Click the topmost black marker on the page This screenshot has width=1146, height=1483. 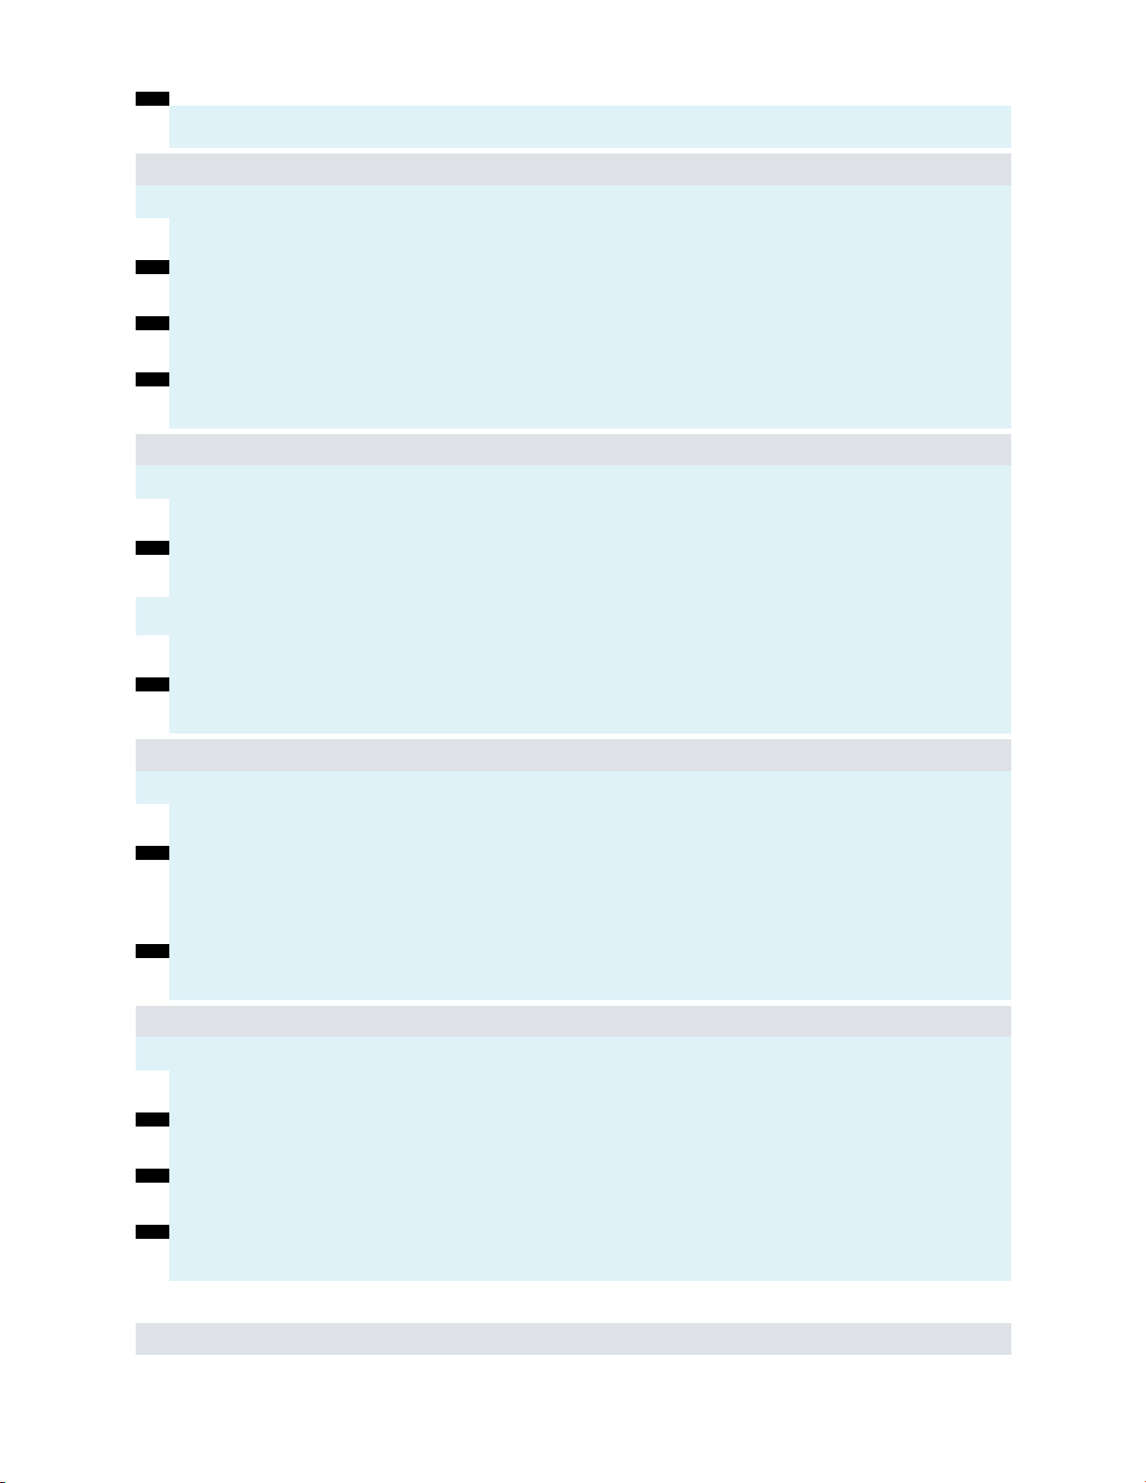(x=152, y=97)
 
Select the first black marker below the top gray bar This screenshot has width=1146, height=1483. (x=152, y=268)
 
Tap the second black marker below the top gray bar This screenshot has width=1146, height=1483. (x=152, y=324)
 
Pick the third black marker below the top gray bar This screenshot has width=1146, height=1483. (x=152, y=380)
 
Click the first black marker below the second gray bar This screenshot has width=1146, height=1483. (x=152, y=547)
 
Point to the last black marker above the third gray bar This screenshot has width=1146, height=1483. (x=152, y=684)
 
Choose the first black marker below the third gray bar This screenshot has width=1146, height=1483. (x=152, y=852)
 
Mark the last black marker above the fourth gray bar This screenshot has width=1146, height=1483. (x=152, y=951)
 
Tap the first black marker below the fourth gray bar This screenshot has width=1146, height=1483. (x=152, y=1119)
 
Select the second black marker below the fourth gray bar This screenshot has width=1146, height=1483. (x=152, y=1175)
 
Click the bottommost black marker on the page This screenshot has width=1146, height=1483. (x=152, y=1231)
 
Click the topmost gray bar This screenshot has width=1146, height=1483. (x=573, y=169)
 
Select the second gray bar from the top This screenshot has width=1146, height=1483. (x=573, y=449)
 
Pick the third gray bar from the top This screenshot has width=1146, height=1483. (x=573, y=754)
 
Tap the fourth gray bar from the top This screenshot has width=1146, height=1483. (x=573, y=1021)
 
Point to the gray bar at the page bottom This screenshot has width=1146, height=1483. (x=573, y=1338)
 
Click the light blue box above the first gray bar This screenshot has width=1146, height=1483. (x=589, y=126)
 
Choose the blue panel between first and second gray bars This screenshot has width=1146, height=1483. (x=589, y=309)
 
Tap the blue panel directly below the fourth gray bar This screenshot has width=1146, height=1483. (x=589, y=1160)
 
